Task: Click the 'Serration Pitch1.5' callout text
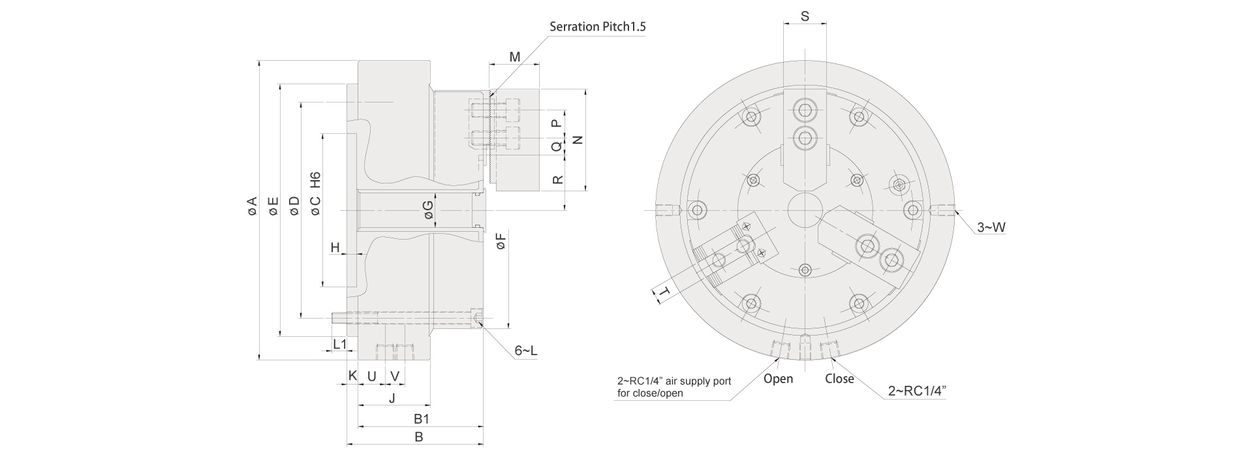[597, 27]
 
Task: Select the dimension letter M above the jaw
[515, 57]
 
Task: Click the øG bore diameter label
[428, 210]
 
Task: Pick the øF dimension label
[501, 242]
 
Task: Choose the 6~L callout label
[526, 351]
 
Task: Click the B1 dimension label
[421, 418]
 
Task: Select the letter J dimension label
[392, 398]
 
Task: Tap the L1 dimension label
[339, 344]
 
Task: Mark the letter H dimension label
[335, 247]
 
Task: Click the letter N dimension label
[577, 140]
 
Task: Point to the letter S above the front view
[805, 16]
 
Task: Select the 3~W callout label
[991, 227]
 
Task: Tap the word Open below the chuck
[778, 379]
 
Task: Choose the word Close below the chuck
[839, 379]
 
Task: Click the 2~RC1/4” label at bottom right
[917, 391]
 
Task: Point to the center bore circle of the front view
[805, 210]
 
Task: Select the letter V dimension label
[395, 376]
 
